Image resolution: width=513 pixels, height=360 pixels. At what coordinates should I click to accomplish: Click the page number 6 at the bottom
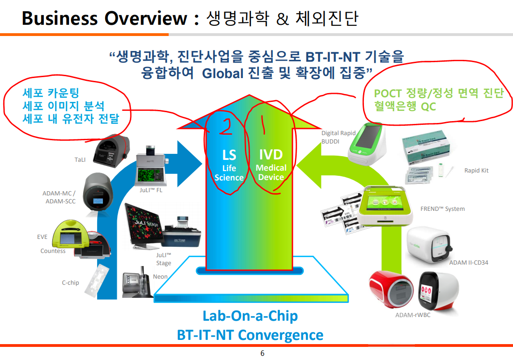[262, 353]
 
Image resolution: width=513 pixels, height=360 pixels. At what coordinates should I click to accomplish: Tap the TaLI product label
[80, 159]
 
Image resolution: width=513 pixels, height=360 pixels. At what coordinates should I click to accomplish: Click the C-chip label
[71, 282]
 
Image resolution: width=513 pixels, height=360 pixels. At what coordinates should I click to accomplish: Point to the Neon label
[160, 277]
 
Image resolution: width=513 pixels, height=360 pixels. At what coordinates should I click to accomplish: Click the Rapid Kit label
[476, 171]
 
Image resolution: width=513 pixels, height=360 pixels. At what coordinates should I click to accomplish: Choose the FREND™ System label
[442, 209]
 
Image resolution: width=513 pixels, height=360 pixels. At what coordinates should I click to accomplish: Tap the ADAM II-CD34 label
[469, 262]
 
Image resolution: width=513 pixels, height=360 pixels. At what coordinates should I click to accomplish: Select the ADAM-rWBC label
[413, 315]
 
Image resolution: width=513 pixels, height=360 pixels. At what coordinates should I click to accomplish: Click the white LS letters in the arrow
[229, 155]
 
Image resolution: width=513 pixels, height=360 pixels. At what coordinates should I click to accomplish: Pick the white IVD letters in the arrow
[271, 154]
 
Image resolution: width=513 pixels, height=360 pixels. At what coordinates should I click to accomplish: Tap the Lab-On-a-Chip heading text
[250, 316]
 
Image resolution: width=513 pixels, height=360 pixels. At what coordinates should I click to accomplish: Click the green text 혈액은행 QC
[405, 107]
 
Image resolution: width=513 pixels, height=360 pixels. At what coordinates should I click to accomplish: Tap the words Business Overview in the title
[105, 19]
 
